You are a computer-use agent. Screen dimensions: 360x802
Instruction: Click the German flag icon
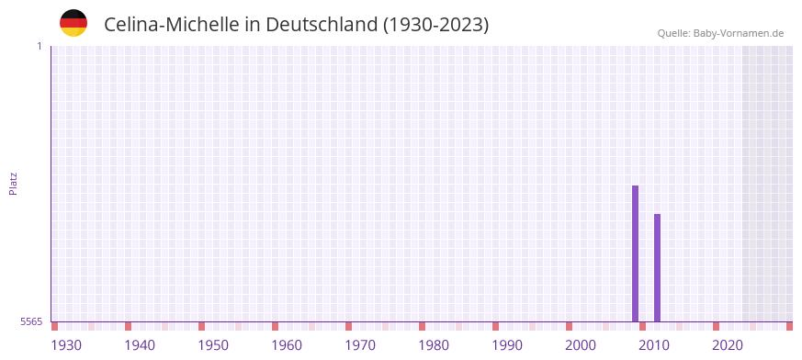point(73,23)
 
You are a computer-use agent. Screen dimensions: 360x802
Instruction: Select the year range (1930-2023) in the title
point(435,25)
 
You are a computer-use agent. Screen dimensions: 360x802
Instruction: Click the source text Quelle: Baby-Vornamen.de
point(720,33)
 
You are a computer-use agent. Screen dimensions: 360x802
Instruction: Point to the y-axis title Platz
point(13,183)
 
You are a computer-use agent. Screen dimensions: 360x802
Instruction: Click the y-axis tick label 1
point(39,46)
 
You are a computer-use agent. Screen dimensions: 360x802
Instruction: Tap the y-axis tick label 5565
point(31,321)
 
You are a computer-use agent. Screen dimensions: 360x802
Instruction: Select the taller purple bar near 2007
point(635,253)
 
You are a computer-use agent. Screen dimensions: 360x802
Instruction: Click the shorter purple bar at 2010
point(657,267)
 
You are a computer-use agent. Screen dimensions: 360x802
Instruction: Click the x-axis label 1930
point(66,345)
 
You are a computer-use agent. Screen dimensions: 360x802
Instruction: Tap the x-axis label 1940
point(140,345)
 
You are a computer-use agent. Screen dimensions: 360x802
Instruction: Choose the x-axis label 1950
point(213,345)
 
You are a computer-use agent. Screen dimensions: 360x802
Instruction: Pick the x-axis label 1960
point(287,345)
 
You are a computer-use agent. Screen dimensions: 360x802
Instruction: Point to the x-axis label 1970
point(360,345)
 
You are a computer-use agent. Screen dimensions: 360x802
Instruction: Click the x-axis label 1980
point(434,345)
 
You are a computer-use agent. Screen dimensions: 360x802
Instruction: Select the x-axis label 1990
point(507,345)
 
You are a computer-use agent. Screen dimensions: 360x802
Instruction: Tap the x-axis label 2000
point(581,345)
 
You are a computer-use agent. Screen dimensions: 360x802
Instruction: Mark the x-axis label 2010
point(654,345)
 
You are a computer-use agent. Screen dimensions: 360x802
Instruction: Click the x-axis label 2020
point(728,345)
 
